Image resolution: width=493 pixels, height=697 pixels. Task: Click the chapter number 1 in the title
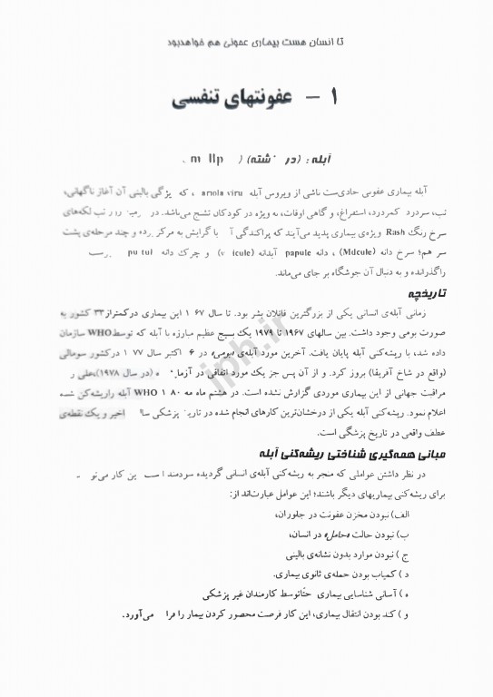336,96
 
